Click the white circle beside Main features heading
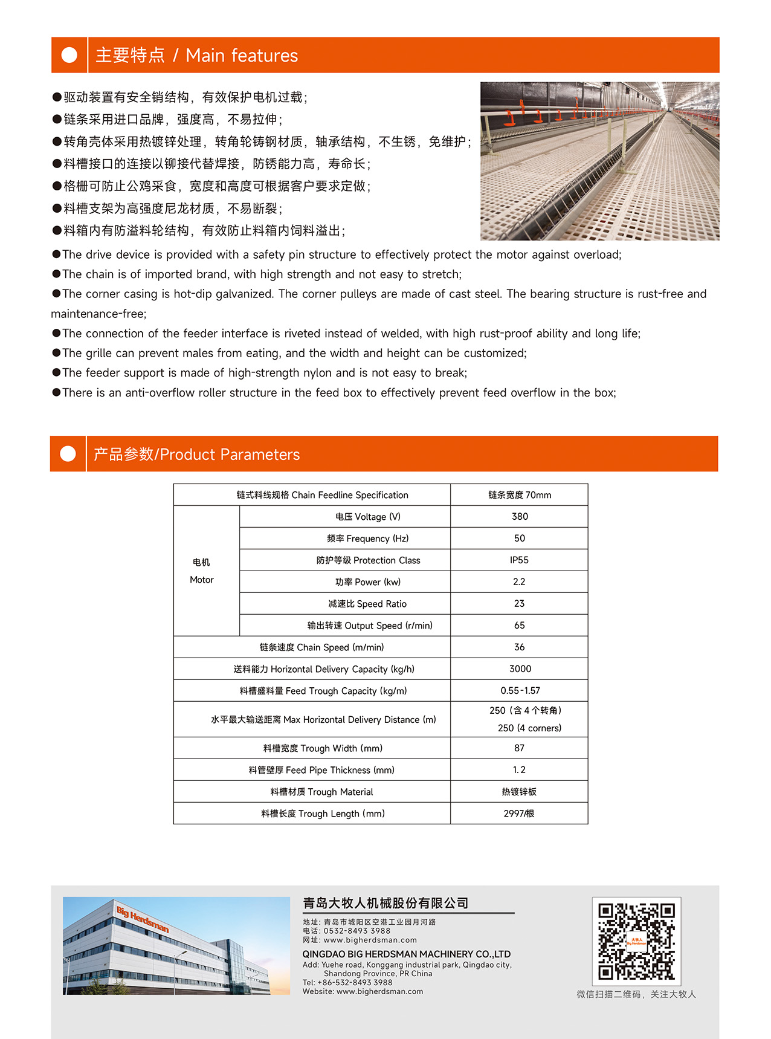69,55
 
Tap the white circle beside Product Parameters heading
68,454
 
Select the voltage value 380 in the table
520,517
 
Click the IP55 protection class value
519,560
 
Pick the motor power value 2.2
519,582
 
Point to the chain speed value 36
519,647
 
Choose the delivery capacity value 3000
520,669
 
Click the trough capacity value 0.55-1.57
520,691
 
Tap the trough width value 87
519,748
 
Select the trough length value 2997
518,814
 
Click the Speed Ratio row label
367,604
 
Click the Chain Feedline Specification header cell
322,495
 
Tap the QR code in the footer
636,941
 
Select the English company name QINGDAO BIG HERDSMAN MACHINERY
406,954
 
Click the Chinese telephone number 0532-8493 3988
356,931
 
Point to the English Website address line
363,991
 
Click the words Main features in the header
242,56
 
